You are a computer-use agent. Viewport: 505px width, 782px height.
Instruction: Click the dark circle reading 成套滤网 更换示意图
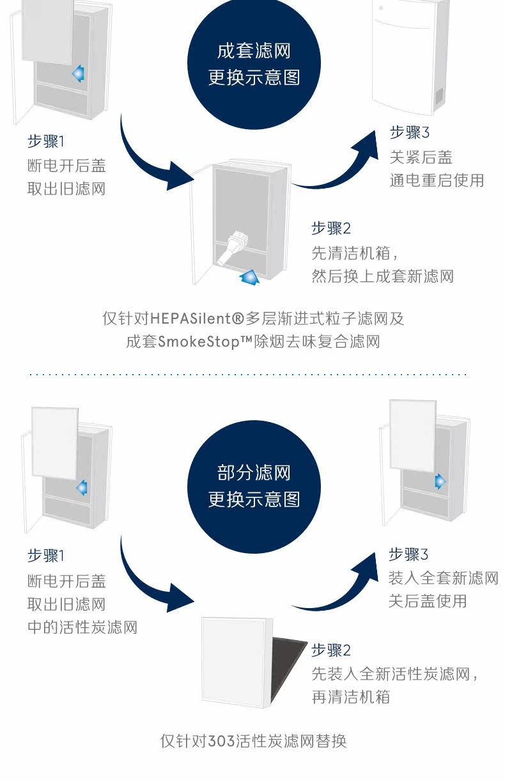tap(254, 64)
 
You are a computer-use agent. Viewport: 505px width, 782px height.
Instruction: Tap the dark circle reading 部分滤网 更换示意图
tap(254, 486)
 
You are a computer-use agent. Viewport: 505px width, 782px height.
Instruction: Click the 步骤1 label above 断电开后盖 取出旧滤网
tap(46, 142)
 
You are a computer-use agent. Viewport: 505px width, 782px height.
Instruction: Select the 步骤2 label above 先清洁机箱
tap(330, 228)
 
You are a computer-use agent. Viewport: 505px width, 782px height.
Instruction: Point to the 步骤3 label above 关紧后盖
tap(410, 133)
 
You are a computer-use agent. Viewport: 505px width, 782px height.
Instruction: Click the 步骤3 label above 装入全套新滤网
tap(408, 554)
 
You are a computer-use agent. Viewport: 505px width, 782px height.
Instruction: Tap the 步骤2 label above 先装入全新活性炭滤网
tap(330, 650)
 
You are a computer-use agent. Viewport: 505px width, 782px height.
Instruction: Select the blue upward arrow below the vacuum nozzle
tap(249, 277)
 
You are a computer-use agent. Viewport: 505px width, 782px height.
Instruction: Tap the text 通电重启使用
tap(437, 180)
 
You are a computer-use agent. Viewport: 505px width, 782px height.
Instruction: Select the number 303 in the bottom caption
tap(221, 742)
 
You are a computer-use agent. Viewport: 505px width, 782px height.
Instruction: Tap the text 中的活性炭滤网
tap(82, 627)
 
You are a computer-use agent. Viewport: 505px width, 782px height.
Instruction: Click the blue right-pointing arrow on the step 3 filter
tap(440, 481)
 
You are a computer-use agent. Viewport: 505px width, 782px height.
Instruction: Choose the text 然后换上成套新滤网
tap(382, 276)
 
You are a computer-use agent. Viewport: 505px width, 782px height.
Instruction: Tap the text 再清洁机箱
tap(350, 696)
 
